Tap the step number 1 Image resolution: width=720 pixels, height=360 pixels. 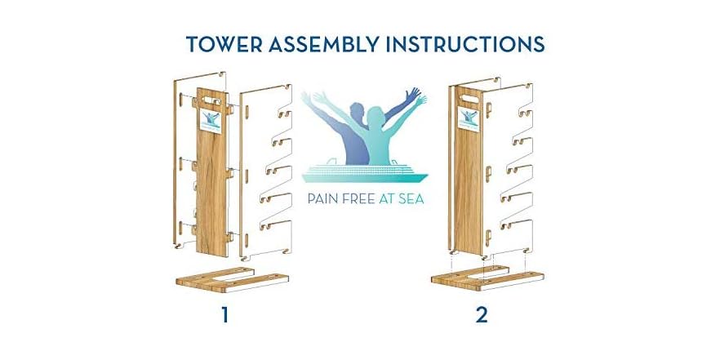[x=224, y=314]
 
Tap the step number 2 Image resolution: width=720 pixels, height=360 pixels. [x=482, y=314]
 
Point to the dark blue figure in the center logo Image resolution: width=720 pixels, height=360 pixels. [x=343, y=131]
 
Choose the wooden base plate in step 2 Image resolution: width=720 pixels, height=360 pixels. [x=482, y=278]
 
